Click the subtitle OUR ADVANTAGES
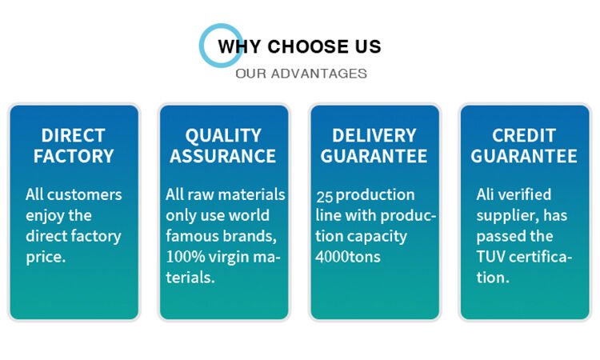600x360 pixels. [x=301, y=74]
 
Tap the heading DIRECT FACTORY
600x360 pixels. [x=74, y=146]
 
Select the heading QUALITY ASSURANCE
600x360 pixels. [x=223, y=146]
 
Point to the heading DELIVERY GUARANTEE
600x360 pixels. [x=374, y=146]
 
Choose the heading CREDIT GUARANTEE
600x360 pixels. [x=524, y=146]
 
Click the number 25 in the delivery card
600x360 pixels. [x=324, y=196]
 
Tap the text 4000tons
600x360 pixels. [x=347, y=258]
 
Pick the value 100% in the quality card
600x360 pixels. [x=184, y=257]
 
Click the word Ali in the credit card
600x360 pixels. [x=486, y=194]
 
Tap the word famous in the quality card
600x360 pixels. [x=190, y=236]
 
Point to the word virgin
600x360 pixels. [x=237, y=257]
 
